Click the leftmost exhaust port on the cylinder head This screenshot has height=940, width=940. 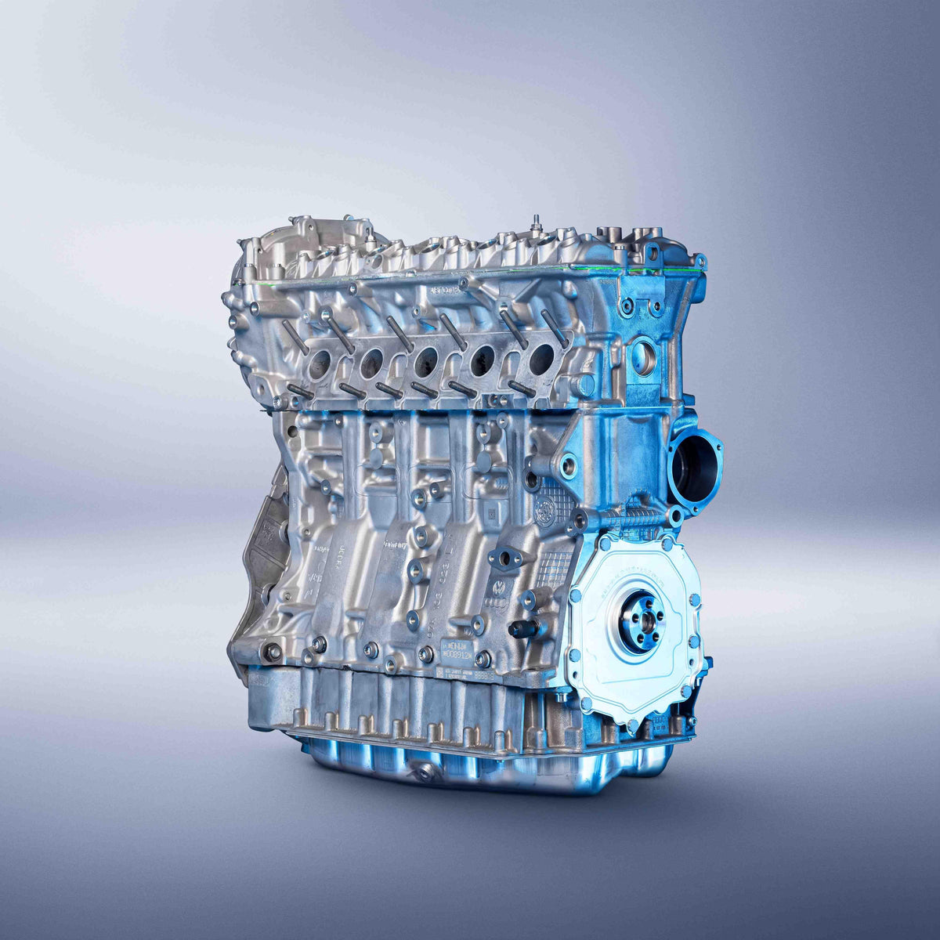click(320, 363)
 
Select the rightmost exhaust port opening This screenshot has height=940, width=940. click(541, 360)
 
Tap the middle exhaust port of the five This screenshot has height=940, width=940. click(426, 361)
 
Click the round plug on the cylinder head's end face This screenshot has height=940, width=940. click(643, 358)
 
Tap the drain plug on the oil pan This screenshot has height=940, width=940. click(425, 772)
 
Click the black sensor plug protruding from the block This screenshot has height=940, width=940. click(525, 628)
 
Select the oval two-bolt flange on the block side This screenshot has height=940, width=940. click(505, 558)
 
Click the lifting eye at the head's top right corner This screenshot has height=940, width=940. click(652, 252)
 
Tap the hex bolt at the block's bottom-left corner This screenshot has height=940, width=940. click(273, 651)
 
